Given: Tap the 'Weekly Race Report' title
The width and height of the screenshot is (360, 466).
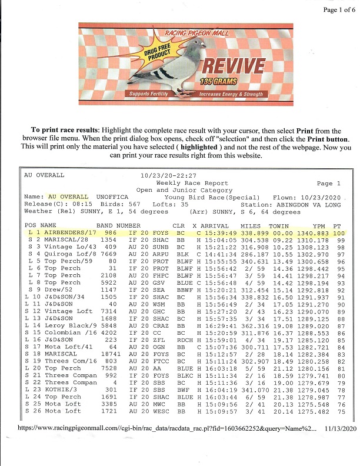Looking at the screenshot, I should [182, 183].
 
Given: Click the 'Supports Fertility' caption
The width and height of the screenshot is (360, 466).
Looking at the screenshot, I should [148, 94].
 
